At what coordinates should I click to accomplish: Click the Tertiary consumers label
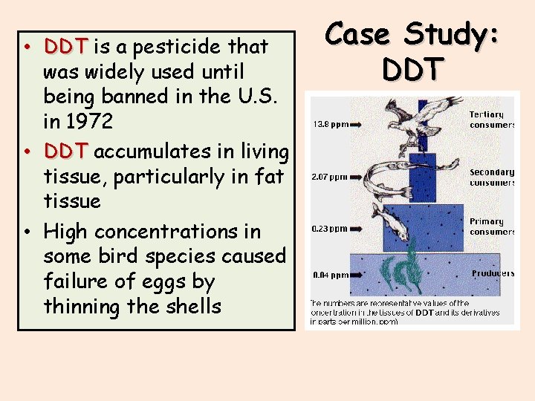click(x=490, y=120)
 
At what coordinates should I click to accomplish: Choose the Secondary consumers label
click(x=491, y=177)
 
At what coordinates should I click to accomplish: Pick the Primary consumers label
click(x=491, y=226)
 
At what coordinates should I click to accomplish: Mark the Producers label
click(x=492, y=273)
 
